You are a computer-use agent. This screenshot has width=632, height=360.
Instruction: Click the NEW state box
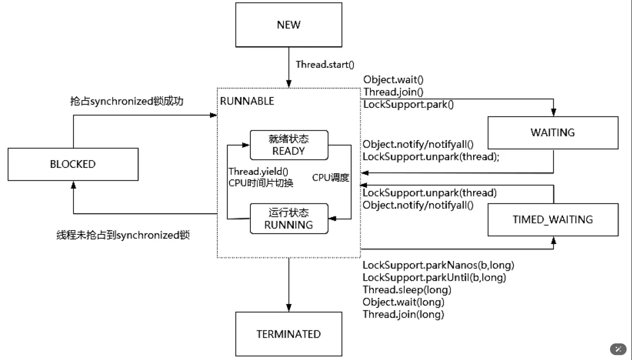point(289,25)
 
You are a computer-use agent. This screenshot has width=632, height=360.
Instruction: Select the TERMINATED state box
point(289,334)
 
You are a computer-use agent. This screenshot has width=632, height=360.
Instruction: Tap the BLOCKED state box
point(73,164)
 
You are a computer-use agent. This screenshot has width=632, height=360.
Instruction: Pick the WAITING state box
point(553,133)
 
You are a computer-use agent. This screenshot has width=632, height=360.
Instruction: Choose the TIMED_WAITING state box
point(553,220)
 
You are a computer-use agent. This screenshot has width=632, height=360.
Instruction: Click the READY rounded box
point(289,145)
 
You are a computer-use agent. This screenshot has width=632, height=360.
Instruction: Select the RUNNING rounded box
point(289,218)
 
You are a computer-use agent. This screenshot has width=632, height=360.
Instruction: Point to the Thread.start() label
point(325,64)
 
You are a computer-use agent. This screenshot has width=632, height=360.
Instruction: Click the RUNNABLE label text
point(247,101)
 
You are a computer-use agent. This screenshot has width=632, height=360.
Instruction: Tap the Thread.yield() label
point(258,172)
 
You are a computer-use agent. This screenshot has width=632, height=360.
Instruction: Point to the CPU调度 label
point(331,177)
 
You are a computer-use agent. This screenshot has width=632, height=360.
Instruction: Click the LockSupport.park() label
point(408,105)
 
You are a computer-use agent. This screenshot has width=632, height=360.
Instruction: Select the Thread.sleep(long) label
point(407,290)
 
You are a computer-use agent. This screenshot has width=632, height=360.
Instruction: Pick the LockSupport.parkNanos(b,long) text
point(439,265)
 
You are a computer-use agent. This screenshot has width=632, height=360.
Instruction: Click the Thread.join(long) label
point(404,314)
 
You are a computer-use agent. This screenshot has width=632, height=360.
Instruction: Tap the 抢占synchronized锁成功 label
point(127,101)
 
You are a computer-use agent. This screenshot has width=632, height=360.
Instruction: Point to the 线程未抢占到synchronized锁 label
point(123,235)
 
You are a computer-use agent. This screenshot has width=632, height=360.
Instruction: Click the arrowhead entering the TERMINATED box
point(289,308)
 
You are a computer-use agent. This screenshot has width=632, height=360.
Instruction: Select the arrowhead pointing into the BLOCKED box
point(73,185)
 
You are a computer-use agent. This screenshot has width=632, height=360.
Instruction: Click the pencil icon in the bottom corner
point(618,349)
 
